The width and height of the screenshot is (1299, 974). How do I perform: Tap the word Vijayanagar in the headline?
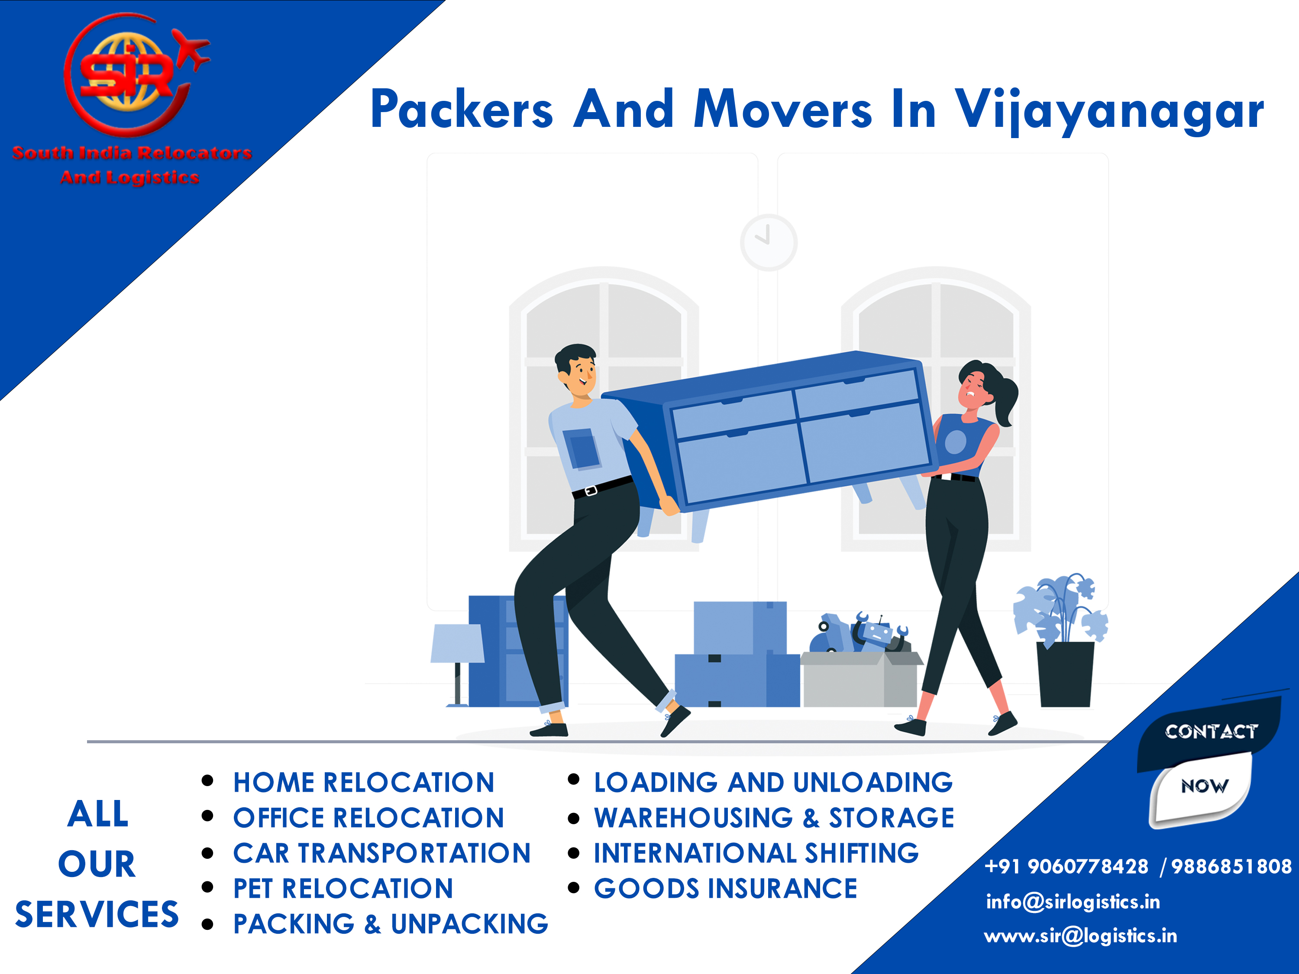1109,110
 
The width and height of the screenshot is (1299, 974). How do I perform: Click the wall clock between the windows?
769,242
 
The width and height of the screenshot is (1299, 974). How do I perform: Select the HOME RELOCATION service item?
364,783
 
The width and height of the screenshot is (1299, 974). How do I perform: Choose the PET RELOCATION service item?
343,889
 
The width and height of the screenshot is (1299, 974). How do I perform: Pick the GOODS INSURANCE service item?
725,889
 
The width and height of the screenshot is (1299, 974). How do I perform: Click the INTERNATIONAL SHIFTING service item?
756,853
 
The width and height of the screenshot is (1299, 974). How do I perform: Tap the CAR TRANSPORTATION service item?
382,853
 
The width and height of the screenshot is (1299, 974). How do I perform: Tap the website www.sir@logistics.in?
1080,936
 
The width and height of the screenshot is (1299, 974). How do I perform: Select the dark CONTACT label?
1210,732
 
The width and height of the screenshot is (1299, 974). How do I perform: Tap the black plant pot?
1065,674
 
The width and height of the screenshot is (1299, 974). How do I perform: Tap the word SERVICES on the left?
97,915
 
